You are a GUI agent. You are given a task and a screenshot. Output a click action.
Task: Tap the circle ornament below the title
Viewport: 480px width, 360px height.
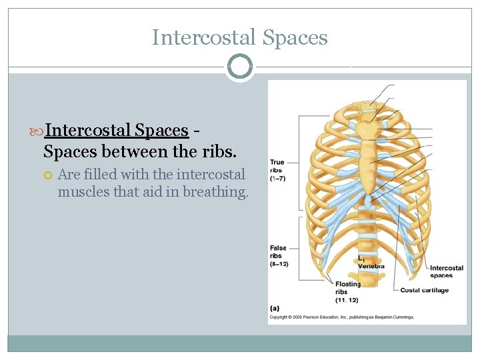(240, 67)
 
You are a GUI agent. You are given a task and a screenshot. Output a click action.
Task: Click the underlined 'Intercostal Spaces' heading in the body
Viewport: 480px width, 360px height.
(116, 130)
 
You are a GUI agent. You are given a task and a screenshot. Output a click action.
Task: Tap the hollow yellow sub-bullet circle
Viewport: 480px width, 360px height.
(48, 175)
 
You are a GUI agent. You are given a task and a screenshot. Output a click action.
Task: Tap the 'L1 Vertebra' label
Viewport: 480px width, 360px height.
(370, 262)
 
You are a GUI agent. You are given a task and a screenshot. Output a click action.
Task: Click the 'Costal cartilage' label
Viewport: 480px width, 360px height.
(424, 290)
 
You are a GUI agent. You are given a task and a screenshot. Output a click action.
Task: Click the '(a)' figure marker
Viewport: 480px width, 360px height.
(275, 308)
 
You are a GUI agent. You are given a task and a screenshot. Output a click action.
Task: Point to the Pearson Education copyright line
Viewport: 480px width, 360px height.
(341, 317)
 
